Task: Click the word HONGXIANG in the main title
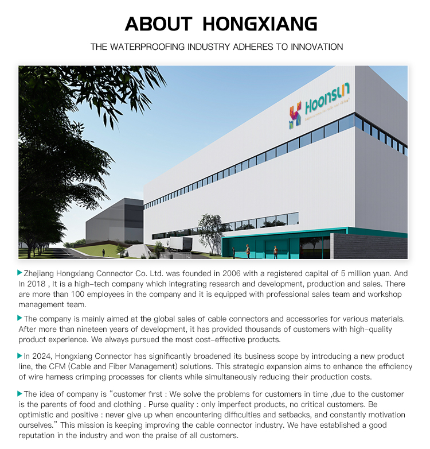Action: click(x=260, y=24)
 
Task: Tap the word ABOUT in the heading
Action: click(x=158, y=24)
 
